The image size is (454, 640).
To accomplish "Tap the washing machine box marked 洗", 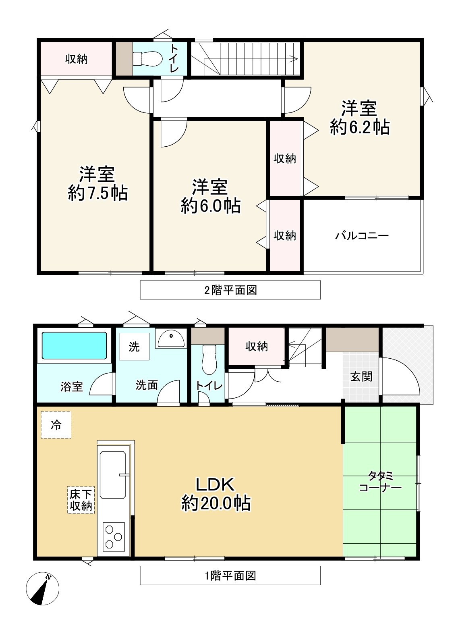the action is (134, 347).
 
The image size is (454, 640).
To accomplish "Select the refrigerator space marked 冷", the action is (56, 425).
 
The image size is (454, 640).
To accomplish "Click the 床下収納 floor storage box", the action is (81, 500).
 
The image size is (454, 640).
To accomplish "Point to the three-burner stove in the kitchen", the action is (114, 536).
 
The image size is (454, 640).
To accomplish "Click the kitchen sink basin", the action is (112, 475).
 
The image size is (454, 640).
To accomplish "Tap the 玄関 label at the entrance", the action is (361, 377).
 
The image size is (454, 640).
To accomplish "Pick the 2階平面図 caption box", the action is (230, 290).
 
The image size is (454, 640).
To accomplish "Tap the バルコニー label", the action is (362, 236).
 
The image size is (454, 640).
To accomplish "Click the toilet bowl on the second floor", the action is (147, 59).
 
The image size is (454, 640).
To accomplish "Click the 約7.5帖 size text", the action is (97, 193).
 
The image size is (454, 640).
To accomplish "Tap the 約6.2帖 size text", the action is (360, 127).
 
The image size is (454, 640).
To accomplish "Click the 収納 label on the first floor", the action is (257, 347).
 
